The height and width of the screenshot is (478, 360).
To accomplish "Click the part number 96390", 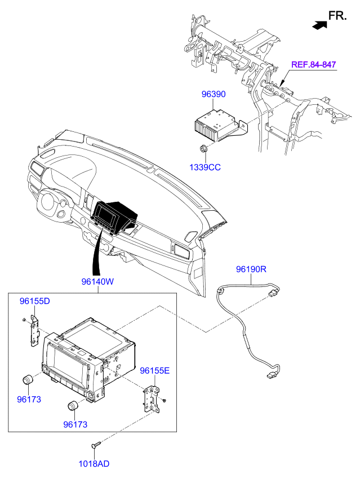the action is tap(214, 94).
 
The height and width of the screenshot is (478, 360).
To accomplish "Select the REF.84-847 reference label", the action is tap(313, 65).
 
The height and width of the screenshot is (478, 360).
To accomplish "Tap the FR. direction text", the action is tap(337, 16).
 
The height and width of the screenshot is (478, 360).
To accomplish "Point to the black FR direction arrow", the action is tap(319, 25).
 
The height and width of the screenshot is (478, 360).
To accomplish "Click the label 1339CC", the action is tap(205, 167).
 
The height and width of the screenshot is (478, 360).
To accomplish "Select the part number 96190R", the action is tap(251, 269).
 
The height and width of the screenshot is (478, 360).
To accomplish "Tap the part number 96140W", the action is tap(97, 281).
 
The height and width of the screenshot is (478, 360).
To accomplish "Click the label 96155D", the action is tap(35, 301).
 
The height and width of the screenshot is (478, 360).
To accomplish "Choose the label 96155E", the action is tap(155, 371).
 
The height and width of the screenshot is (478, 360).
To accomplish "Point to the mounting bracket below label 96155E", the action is tap(152, 400).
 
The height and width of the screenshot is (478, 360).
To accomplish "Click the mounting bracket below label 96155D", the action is tap(34, 331).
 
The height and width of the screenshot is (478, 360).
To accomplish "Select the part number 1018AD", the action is tap(94, 464).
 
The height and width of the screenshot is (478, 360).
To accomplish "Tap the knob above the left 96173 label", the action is tap(28, 380).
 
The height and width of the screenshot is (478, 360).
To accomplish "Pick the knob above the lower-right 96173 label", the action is tap(72, 406).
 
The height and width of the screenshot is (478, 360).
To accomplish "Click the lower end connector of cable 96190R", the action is tap(270, 377).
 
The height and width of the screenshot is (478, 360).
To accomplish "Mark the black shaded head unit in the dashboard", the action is tap(114, 216).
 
